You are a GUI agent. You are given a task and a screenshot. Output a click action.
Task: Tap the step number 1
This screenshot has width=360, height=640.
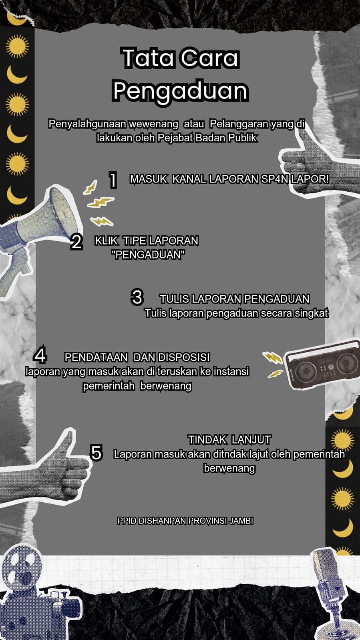113,180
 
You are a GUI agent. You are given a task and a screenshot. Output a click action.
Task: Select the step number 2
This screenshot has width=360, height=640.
76,242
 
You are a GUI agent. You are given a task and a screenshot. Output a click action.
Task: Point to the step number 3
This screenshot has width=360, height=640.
137,297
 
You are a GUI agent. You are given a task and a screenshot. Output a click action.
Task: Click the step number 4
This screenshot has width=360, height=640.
40,355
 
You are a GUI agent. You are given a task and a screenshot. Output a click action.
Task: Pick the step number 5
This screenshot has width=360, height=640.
96,452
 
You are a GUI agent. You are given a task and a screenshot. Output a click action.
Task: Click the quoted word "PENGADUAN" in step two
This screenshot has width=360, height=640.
149,255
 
